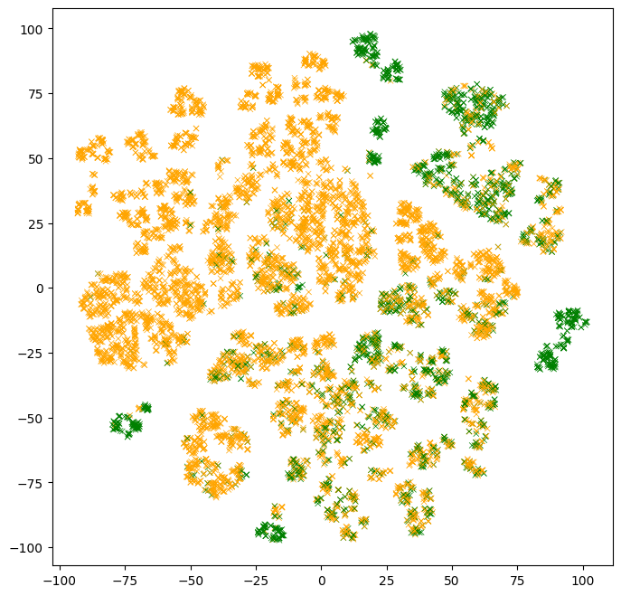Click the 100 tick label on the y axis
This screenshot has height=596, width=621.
pos(34,29)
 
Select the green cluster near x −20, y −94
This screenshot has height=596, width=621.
pos(270,532)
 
